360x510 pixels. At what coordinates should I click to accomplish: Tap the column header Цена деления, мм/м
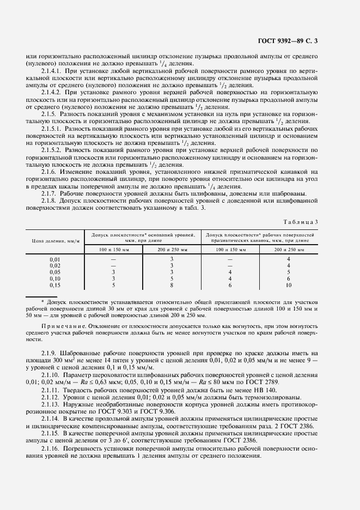[55, 239]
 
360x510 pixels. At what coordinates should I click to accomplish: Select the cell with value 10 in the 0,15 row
[289, 285]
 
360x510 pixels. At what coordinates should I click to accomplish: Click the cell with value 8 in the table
[171, 285]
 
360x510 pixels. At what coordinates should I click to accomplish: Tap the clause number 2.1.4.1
[52, 71]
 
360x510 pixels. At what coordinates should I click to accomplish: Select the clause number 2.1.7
[50, 195]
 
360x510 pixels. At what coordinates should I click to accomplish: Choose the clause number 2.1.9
[50, 354]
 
